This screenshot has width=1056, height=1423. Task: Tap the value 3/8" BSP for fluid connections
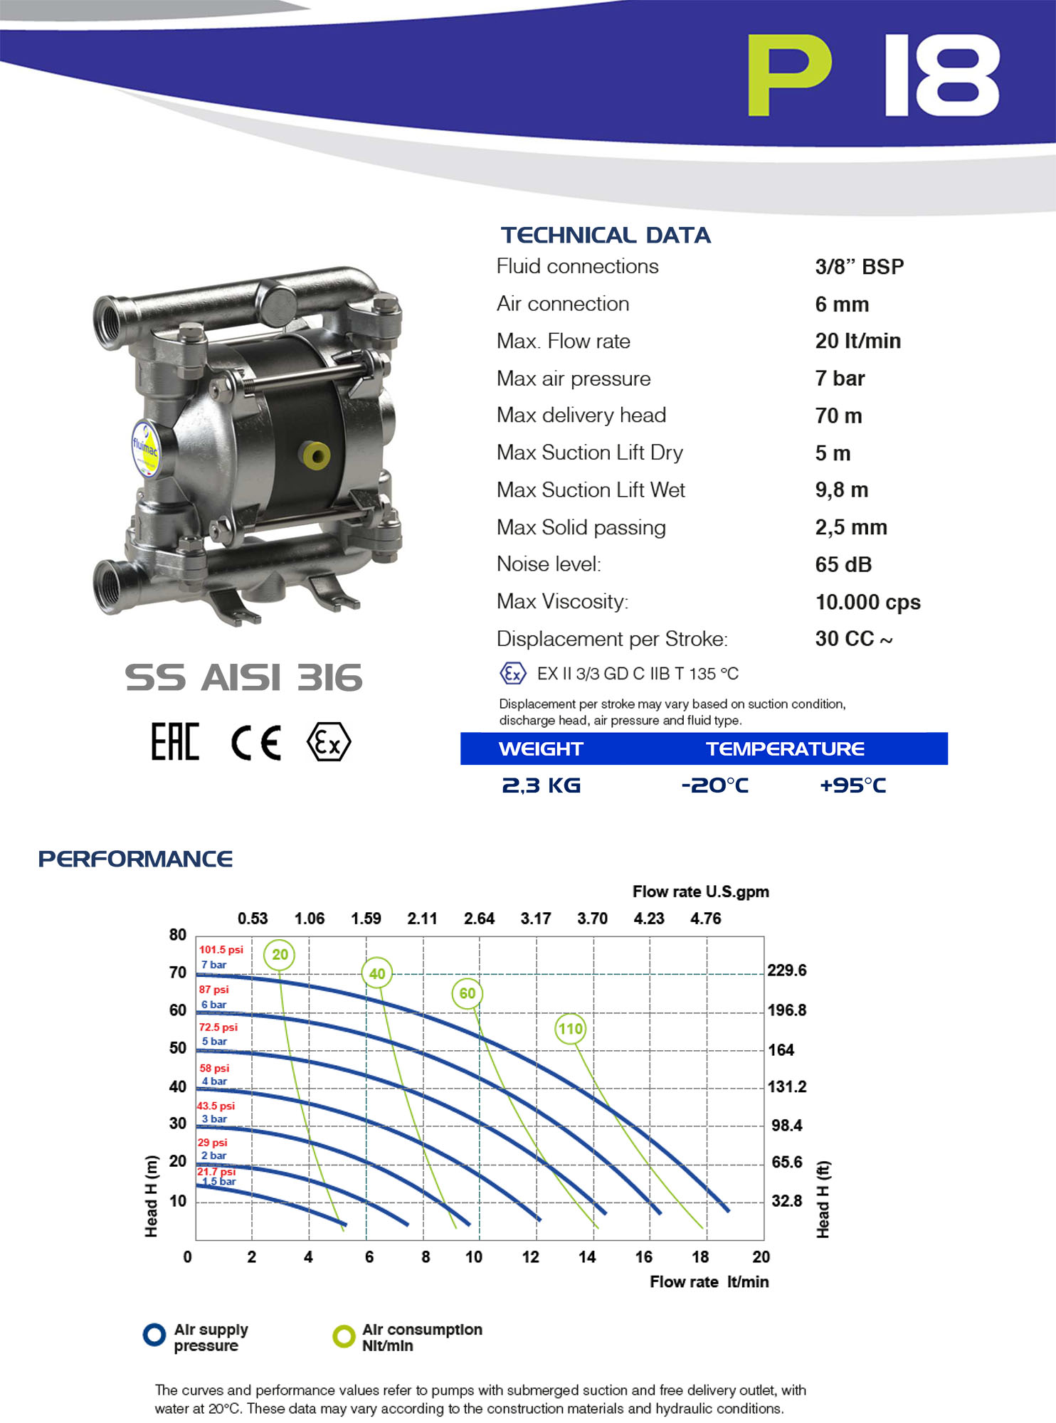[x=859, y=267]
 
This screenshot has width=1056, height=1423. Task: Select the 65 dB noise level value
[x=843, y=565]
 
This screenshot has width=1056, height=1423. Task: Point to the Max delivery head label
[x=581, y=416]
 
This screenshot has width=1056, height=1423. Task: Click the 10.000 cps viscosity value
[x=867, y=603]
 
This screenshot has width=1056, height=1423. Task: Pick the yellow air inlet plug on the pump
[x=315, y=455]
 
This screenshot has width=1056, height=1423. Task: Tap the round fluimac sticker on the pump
[x=145, y=448]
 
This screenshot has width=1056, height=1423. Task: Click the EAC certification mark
[x=175, y=742]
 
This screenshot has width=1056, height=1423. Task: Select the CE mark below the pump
[x=256, y=743]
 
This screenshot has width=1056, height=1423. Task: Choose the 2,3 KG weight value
[x=542, y=785]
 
